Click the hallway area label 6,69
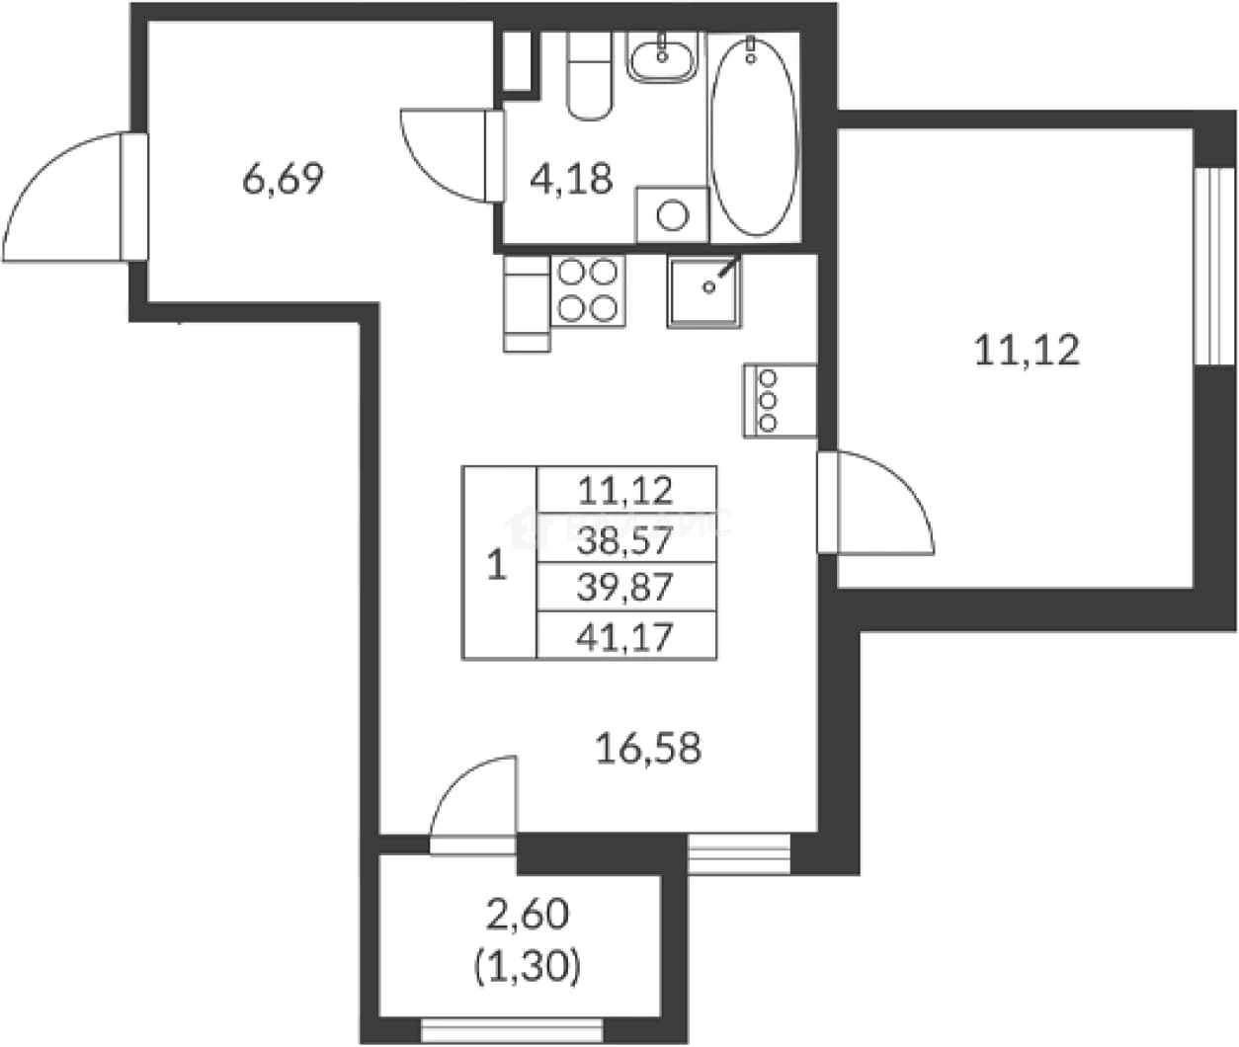(283, 179)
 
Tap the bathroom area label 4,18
(571, 178)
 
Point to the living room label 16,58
(648, 749)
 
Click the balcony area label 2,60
(528, 916)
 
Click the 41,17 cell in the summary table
(625, 636)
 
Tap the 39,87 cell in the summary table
(625, 587)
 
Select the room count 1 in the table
(497, 565)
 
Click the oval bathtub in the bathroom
(754, 136)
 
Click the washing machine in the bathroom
(672, 214)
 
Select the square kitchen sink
(704, 291)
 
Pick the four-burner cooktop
(588, 290)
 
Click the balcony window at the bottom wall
(512, 1030)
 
